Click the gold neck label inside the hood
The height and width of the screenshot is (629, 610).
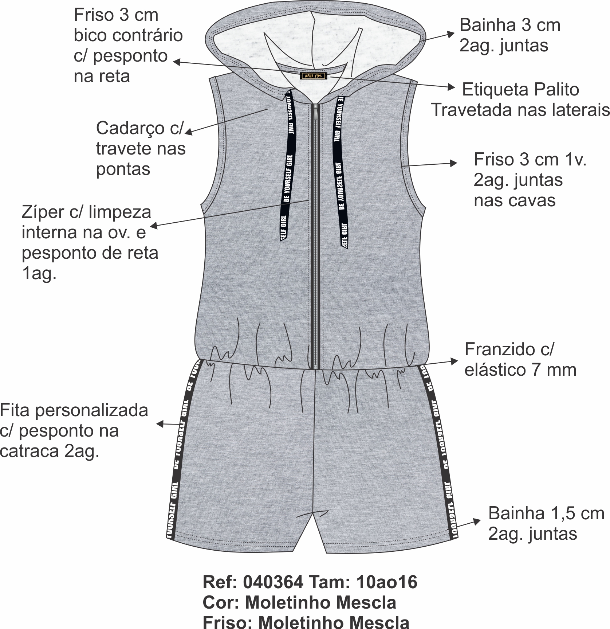click(x=314, y=76)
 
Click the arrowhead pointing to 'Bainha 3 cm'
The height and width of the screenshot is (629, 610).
click(x=452, y=34)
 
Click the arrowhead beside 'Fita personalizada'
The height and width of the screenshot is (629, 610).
click(x=160, y=424)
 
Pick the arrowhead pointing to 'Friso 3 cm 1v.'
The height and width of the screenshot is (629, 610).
click(x=454, y=163)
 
